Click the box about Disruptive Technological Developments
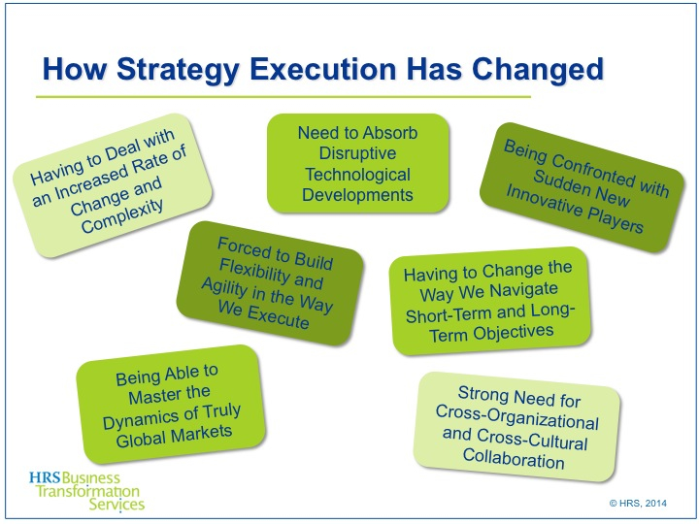pos(358,163)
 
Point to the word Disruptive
pos(358,153)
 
